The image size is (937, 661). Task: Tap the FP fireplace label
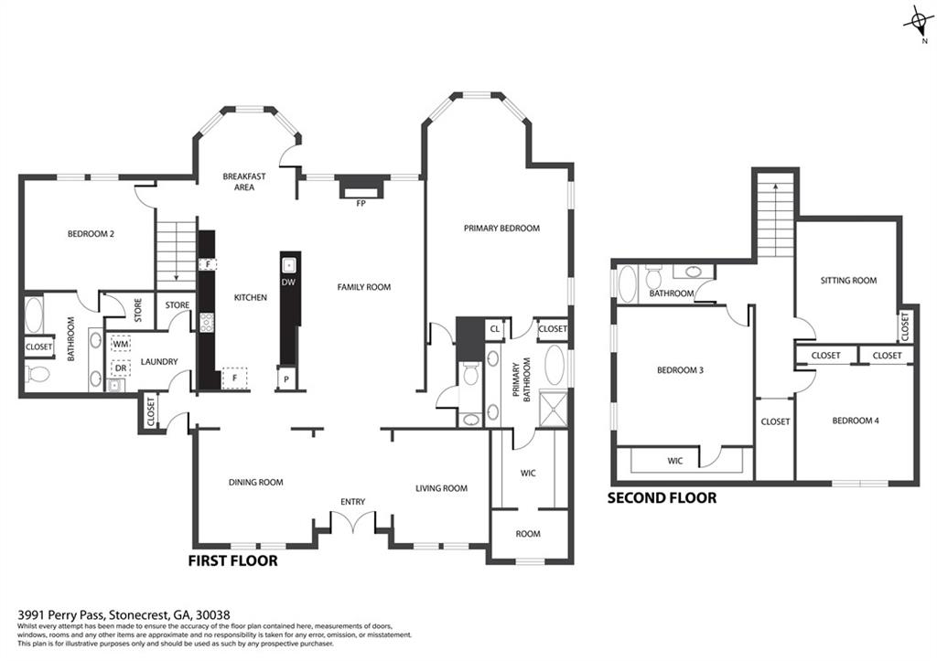[x=361, y=204]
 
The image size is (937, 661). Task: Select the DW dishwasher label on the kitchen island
[x=288, y=283]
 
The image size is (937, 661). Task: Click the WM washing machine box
[x=121, y=345]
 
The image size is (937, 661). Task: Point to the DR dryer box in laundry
[x=121, y=368]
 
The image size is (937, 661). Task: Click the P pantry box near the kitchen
[x=286, y=379]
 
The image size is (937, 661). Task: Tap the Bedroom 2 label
[x=91, y=234]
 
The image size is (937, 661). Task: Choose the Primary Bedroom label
[x=502, y=228]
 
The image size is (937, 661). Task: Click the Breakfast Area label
[x=243, y=182]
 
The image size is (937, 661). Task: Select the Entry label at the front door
[x=352, y=502]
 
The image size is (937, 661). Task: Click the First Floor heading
[x=233, y=561]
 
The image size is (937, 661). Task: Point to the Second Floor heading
[x=662, y=498]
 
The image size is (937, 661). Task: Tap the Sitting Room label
[x=848, y=281]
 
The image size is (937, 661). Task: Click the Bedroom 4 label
[x=856, y=421]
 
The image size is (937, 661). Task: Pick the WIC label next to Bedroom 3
[x=675, y=461]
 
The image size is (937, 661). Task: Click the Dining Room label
[x=256, y=483]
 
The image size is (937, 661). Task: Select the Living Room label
[x=442, y=488]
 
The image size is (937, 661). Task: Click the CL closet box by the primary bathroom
[x=495, y=329]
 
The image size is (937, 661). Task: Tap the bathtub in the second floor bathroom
[x=628, y=284]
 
